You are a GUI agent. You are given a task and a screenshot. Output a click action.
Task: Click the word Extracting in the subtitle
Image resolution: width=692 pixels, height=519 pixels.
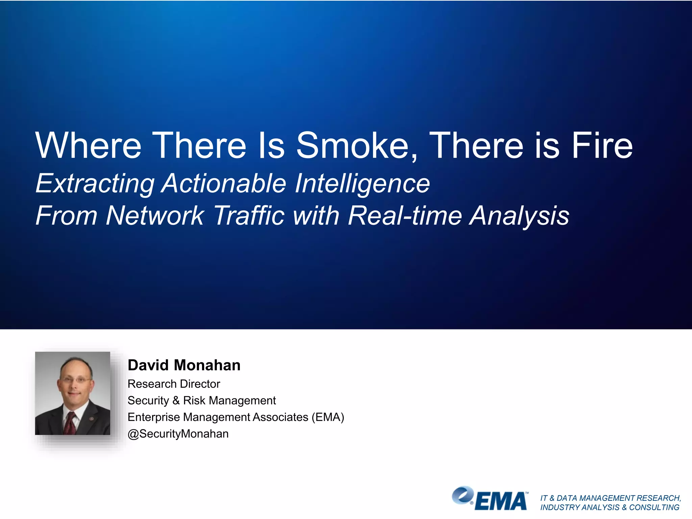(95, 184)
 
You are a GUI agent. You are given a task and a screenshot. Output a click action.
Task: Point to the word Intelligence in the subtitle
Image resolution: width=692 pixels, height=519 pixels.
(362, 184)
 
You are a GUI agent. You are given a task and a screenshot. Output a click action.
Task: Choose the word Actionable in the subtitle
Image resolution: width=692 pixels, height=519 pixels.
(224, 184)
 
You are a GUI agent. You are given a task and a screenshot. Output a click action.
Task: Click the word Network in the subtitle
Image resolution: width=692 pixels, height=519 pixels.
(154, 216)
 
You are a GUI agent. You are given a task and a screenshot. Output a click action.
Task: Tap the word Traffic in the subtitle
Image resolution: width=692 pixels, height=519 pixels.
(249, 216)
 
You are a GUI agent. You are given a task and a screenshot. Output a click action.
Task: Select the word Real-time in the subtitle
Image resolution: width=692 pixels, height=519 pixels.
(405, 216)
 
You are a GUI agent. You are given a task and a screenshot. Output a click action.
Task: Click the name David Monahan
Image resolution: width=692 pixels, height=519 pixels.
(184, 365)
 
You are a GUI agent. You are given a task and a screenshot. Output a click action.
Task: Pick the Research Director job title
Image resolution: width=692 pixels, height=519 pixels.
(174, 384)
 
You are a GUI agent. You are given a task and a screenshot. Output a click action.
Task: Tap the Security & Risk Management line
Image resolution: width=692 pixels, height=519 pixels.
(202, 400)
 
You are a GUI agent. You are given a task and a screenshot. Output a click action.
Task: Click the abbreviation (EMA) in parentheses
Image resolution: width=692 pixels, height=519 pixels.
(328, 417)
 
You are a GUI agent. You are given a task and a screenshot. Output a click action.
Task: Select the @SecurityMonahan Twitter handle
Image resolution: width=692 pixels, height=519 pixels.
(178, 434)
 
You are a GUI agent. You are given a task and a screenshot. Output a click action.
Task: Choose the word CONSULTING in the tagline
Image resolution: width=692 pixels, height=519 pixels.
(654, 508)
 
